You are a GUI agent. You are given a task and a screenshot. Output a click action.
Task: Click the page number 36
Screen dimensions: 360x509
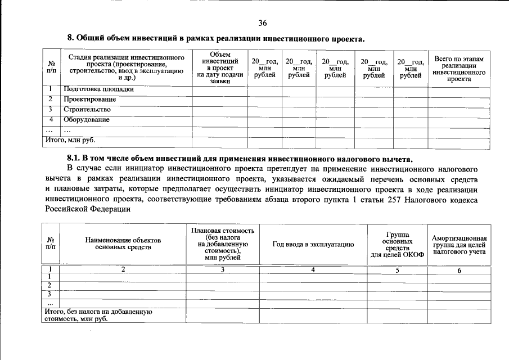[262, 23]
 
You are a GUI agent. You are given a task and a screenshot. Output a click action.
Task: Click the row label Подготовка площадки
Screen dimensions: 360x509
[98, 89]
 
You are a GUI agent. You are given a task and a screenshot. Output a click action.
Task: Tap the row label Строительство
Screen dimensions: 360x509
[87, 110]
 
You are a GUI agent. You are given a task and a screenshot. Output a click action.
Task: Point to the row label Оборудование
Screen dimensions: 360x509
[86, 120]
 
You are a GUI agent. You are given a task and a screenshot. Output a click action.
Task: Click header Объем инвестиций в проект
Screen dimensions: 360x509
[220, 67]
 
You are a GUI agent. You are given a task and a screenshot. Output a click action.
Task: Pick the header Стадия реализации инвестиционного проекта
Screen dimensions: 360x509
[127, 67]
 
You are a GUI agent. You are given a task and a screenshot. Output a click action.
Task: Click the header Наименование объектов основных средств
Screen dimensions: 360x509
[123, 244]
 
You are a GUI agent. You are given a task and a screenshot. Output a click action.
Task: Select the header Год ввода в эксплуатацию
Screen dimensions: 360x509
[313, 244]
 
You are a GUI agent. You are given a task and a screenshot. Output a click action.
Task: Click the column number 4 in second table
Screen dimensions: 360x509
[313, 271]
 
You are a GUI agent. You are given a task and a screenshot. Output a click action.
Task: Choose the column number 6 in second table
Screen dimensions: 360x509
[459, 271]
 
